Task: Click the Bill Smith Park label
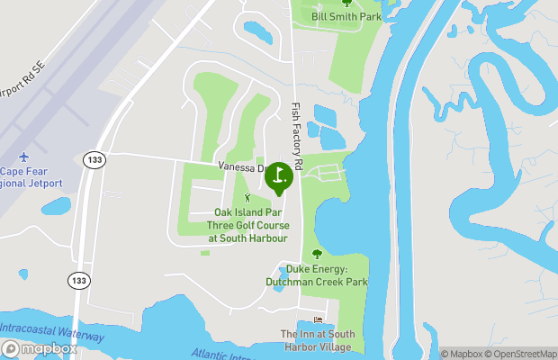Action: pyautogui.click(x=346, y=16)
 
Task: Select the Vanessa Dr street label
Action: pyautogui.click(x=242, y=167)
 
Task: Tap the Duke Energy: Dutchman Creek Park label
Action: pyautogui.click(x=316, y=275)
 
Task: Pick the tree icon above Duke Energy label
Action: pyautogui.click(x=316, y=255)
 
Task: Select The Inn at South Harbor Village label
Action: pyautogui.click(x=318, y=340)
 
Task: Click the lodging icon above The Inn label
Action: pyautogui.click(x=317, y=320)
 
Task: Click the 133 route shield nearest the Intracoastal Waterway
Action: pyautogui.click(x=79, y=281)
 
